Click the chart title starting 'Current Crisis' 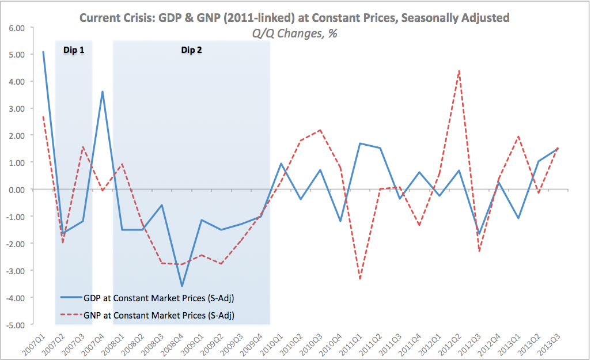294,18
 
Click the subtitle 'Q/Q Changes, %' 294,33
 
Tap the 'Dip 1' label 73,50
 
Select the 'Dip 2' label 191,50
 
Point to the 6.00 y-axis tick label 17,28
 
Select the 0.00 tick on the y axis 17,190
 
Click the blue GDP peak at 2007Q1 44,52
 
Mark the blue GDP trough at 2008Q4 182,286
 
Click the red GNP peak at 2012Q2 459,71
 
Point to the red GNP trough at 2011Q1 360,279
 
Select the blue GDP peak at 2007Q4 103,92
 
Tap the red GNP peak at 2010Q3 320,130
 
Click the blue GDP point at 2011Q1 360,143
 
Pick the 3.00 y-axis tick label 17,108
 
